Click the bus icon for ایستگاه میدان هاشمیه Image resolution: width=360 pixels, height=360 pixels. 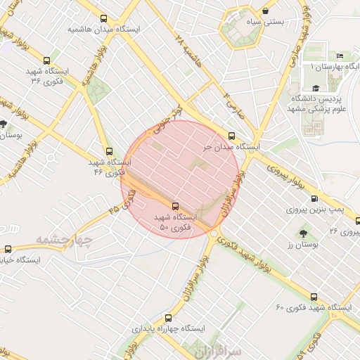104,19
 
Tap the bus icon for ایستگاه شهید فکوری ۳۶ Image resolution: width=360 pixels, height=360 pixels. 46,60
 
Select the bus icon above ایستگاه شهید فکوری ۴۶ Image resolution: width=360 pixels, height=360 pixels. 108,150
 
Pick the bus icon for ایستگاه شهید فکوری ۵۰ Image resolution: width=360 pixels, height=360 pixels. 175,206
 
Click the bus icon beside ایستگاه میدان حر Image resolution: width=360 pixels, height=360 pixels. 231,136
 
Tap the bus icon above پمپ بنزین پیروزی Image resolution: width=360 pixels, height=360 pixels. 314,198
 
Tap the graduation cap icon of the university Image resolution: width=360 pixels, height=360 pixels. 316,88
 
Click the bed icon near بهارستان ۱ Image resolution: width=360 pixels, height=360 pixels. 340,56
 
